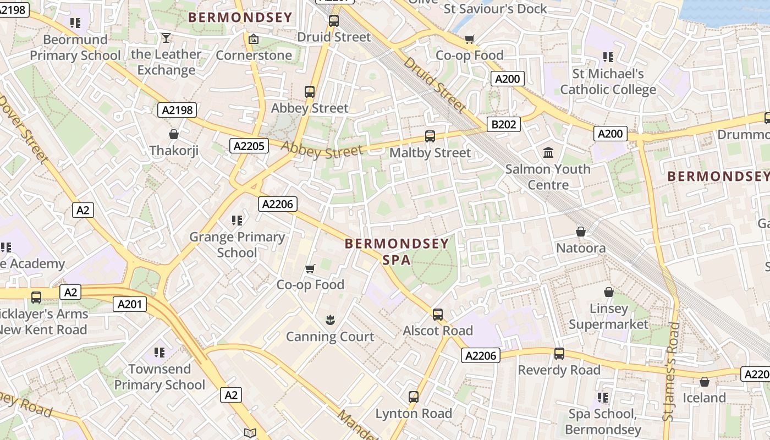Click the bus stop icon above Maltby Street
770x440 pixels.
(430, 136)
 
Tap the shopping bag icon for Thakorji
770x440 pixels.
(174, 134)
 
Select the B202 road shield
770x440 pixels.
(504, 124)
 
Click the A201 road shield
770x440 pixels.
(130, 304)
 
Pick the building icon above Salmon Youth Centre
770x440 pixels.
(548, 152)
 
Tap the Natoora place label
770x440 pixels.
(581, 248)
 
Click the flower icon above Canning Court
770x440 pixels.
(330, 320)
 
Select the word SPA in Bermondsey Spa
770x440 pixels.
(397, 260)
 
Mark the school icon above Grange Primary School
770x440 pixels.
(237, 221)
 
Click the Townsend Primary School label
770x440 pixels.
(159, 377)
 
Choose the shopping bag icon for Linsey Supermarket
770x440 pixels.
(609, 292)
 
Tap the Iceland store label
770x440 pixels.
(704, 398)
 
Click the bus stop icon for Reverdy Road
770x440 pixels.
(559, 354)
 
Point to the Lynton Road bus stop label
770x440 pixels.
(414, 414)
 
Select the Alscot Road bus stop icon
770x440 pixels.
(438, 315)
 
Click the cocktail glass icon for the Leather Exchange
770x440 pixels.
(166, 38)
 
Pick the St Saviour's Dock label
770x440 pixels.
(495, 9)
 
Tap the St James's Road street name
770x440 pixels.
(672, 372)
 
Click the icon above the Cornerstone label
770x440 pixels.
(254, 39)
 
